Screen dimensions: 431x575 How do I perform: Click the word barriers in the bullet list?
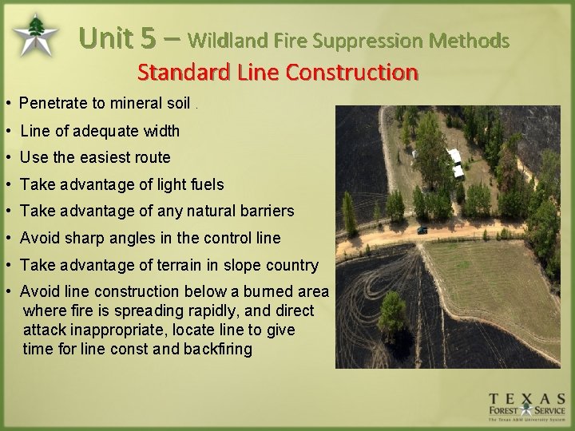point(267,212)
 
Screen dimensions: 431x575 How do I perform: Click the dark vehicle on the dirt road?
point(422,230)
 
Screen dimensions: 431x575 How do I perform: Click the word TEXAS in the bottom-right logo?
point(527,397)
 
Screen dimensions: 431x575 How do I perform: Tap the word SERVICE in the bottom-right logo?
point(549,410)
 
